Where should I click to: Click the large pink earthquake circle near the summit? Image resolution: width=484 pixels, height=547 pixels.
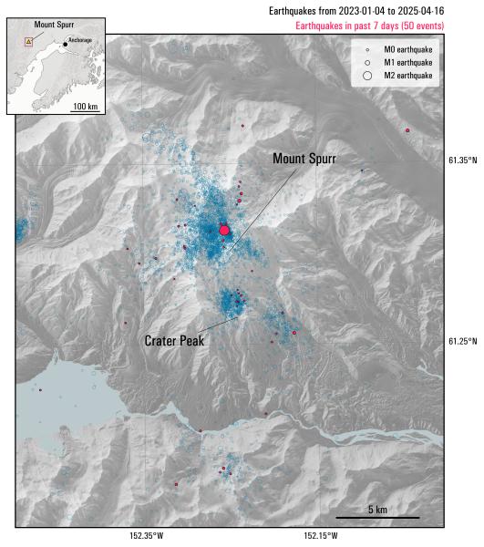pos(224,231)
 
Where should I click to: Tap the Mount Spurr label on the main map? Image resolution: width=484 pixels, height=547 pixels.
pos(304,159)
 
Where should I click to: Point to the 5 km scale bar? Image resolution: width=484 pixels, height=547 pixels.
pos(376,518)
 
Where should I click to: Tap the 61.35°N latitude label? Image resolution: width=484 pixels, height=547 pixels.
pos(462,160)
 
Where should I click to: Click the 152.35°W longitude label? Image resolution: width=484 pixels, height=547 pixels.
pos(146,536)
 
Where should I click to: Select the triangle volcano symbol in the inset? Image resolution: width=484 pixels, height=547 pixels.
pos(28,41)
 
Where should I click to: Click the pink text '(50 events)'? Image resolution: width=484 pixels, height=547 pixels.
pos(417,26)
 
